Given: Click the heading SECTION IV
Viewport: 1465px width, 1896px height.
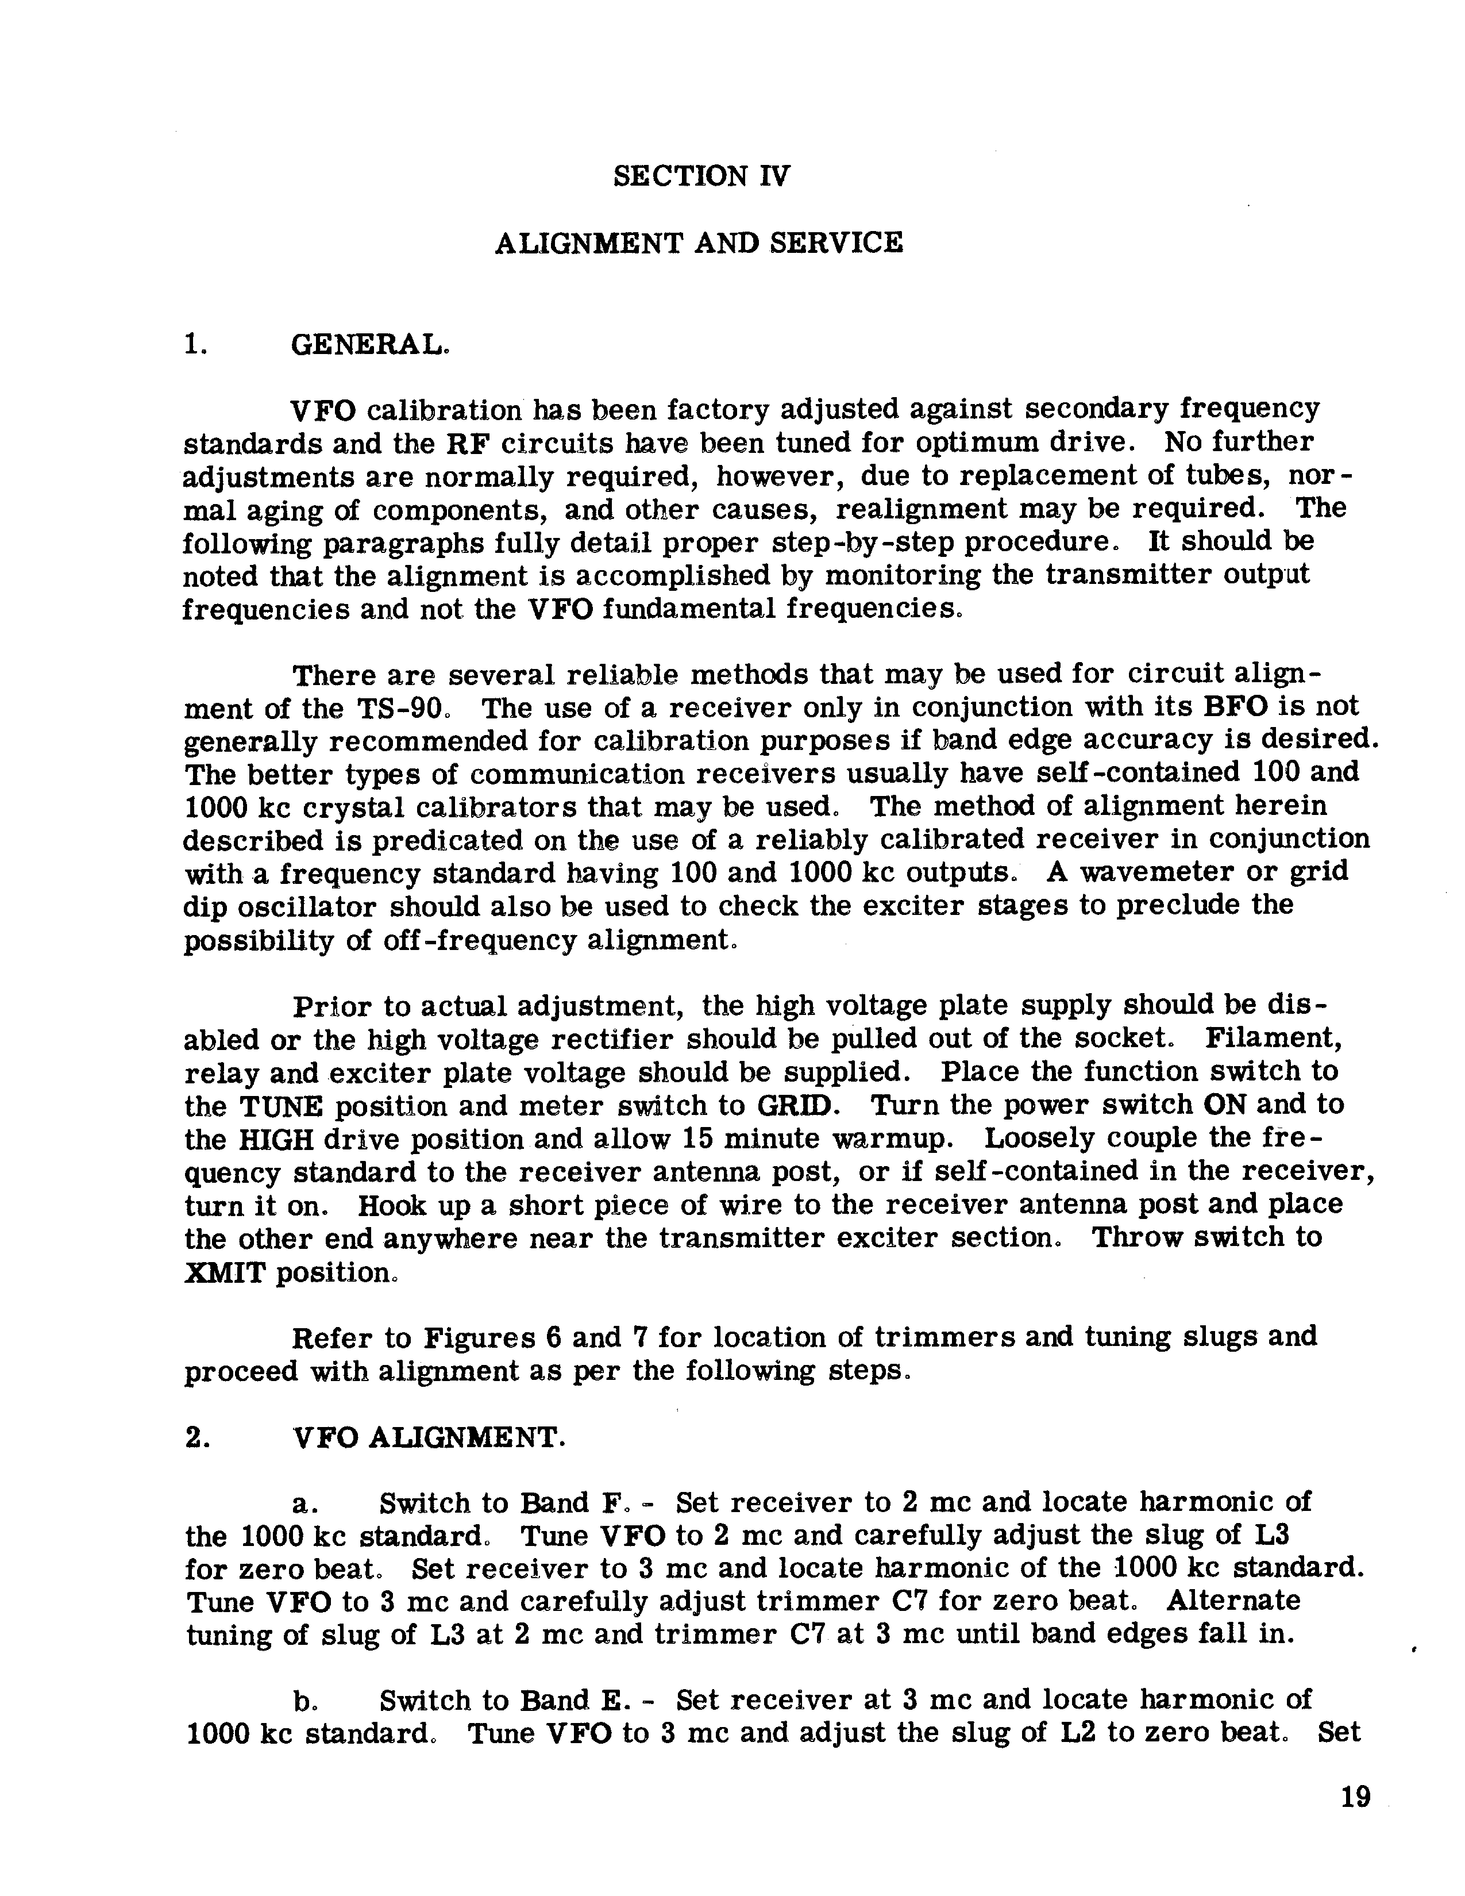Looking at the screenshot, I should tap(701, 176).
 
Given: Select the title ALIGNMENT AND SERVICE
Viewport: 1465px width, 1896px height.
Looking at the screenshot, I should tap(699, 243).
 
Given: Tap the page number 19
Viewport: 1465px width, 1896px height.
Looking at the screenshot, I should tap(1355, 1796).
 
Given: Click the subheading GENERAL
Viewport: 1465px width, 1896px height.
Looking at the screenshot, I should tap(370, 345).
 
